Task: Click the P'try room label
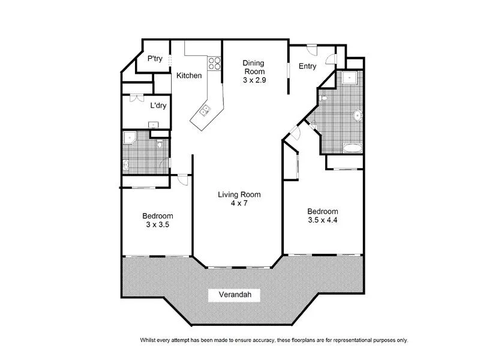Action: click(155, 59)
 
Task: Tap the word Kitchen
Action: click(189, 76)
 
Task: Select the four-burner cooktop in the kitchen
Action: click(214, 62)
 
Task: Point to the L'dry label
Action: click(158, 106)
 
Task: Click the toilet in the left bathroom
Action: click(160, 145)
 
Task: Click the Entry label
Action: click(307, 67)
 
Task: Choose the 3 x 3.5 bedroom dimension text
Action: click(158, 225)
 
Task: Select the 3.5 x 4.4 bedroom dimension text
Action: click(323, 220)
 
